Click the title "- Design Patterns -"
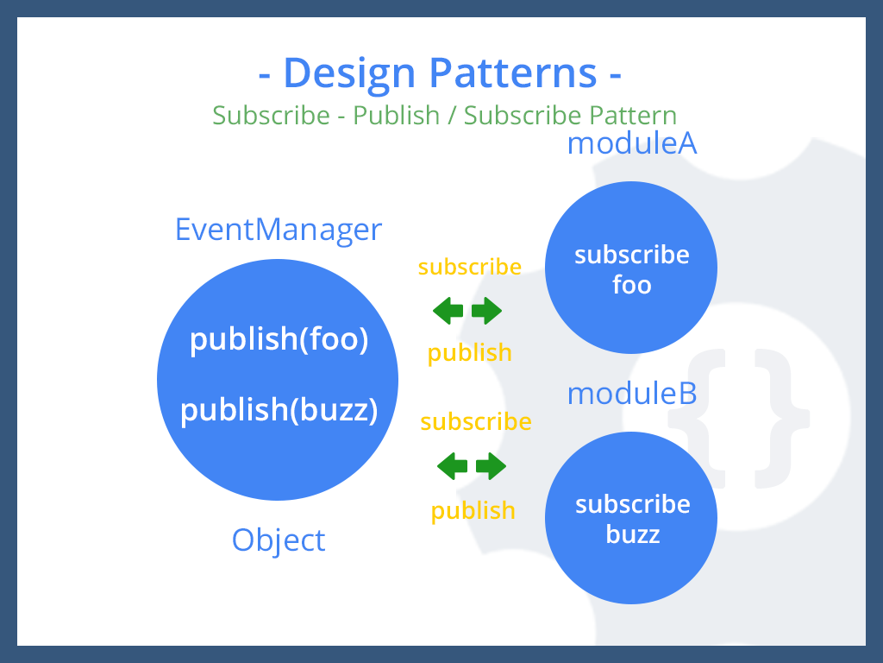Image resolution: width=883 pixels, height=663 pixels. click(441, 73)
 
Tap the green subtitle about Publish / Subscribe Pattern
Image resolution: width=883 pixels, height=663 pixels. click(444, 115)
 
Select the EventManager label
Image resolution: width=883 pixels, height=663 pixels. click(279, 230)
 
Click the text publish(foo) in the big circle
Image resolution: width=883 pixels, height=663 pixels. click(279, 339)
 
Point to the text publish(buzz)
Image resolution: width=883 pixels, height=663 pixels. click(279, 409)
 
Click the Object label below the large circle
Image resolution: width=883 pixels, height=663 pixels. click(279, 540)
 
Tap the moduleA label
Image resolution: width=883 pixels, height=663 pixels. click(631, 143)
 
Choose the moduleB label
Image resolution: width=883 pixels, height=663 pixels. click(631, 394)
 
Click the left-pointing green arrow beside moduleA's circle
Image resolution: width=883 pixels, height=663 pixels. click(448, 311)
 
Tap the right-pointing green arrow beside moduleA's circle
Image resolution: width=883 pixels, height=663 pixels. click(487, 311)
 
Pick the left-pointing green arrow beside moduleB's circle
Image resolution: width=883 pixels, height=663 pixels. click(453, 467)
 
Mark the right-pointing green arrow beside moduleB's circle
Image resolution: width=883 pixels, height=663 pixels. click(492, 467)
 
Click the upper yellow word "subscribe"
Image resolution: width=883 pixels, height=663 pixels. click(470, 267)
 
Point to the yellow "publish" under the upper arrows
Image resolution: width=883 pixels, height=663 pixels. click(470, 352)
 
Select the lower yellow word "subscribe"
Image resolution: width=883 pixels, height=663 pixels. click(476, 422)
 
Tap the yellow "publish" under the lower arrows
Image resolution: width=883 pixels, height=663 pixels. click(473, 510)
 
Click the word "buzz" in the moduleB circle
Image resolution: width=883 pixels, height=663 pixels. click(633, 534)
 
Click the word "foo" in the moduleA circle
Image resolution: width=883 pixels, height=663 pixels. click(632, 285)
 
